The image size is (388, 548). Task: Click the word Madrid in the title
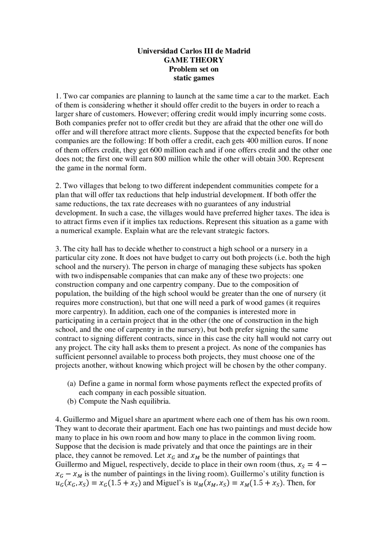(238, 51)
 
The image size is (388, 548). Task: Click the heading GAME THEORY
(194, 60)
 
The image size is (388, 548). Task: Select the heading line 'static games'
(194, 78)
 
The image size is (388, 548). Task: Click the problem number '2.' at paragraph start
(58, 185)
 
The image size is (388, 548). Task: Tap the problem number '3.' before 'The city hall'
(58, 249)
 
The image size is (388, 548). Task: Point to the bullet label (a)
(71, 383)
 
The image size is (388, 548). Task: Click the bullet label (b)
(71, 402)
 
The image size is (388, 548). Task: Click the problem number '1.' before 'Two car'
(58, 96)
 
